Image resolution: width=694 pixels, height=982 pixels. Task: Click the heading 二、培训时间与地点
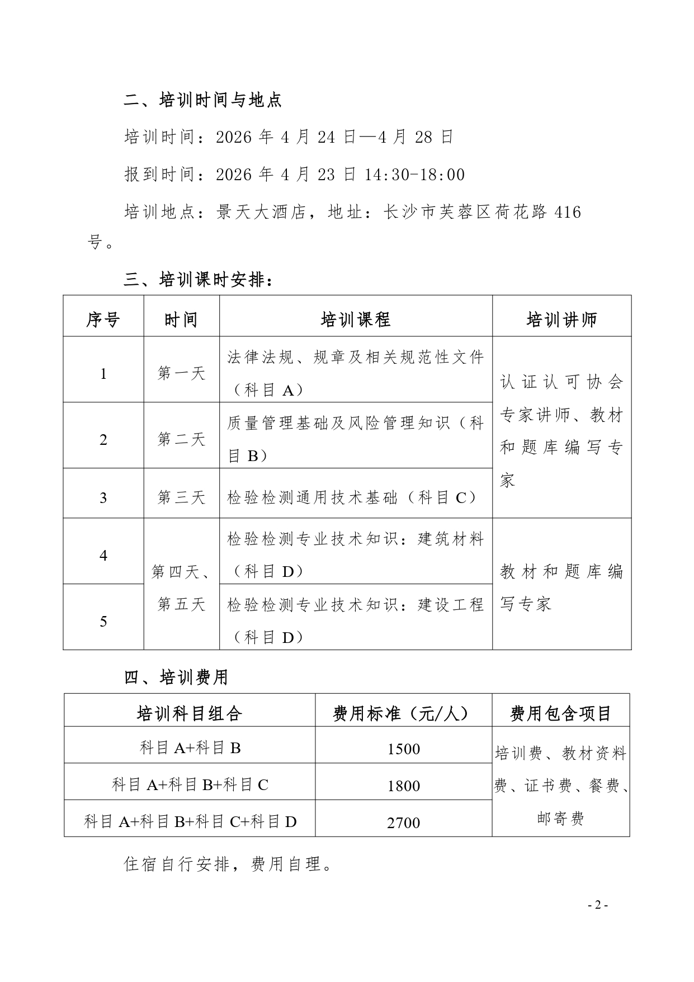pyautogui.click(x=202, y=100)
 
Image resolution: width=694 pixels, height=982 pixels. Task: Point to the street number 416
pyautogui.click(x=566, y=213)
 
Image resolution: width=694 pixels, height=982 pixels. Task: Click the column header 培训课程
pyautogui.click(x=356, y=320)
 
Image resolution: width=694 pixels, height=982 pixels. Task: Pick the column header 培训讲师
pyautogui.click(x=561, y=320)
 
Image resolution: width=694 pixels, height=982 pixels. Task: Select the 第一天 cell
pyautogui.click(x=182, y=374)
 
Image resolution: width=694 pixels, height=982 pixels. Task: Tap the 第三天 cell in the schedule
pyautogui.click(x=182, y=497)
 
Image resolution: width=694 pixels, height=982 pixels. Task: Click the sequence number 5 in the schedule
pyautogui.click(x=103, y=621)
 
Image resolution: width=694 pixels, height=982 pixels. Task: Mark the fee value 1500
pyautogui.click(x=403, y=749)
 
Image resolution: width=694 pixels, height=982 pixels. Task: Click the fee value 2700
pyautogui.click(x=403, y=823)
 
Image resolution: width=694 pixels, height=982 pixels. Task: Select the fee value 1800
pyautogui.click(x=403, y=786)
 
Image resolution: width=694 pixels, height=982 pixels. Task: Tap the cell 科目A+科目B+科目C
pyautogui.click(x=190, y=786)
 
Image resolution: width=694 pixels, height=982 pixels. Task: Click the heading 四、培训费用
pyautogui.click(x=176, y=678)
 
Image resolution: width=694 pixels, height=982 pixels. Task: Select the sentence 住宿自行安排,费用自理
pyautogui.click(x=228, y=864)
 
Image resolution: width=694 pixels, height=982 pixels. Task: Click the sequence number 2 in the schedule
pyautogui.click(x=103, y=440)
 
